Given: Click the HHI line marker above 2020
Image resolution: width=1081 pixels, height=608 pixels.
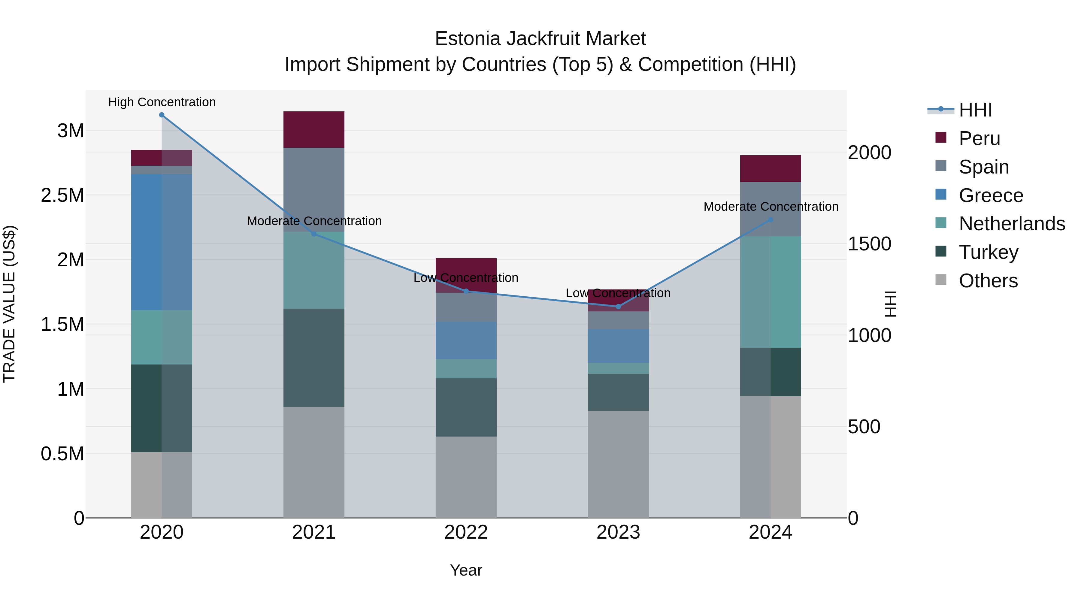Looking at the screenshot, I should (162, 115).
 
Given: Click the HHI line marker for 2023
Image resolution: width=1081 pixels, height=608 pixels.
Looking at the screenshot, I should (618, 307).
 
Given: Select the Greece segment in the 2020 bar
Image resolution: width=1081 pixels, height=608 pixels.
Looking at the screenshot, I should (162, 242).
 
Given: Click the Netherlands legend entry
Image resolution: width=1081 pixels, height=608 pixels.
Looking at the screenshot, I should (1012, 224).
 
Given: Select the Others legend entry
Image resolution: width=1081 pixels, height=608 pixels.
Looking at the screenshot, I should (988, 281).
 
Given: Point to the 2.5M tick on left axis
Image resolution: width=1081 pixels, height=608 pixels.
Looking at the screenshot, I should (62, 195).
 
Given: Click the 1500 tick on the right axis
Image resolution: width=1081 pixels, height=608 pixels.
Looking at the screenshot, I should (869, 244).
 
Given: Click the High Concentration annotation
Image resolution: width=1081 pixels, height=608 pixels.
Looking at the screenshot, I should (162, 102).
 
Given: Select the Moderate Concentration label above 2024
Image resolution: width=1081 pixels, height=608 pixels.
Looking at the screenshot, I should (771, 207).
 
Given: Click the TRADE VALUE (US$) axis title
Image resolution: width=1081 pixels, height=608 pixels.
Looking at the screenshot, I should (9, 304).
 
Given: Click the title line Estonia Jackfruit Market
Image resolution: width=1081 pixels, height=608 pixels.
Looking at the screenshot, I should (540, 39).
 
